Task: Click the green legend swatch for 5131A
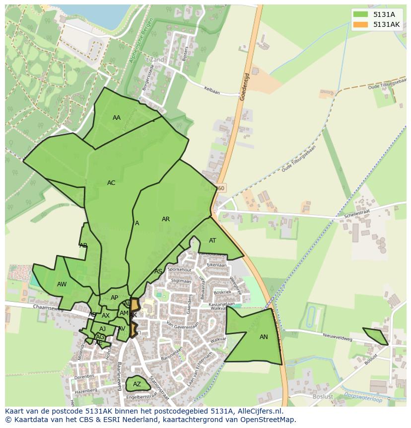[x=360, y=15]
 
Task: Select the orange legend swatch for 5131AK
[x=360, y=24]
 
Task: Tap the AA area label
[x=117, y=118]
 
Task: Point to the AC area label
[x=111, y=183]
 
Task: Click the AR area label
[x=166, y=219]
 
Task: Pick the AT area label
[x=212, y=241]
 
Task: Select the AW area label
[x=62, y=284]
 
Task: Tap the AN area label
[x=264, y=337]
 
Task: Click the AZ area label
[x=137, y=384]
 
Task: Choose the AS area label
[x=158, y=271]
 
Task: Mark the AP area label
[x=115, y=298]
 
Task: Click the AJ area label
[x=103, y=329]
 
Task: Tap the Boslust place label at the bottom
[x=323, y=397]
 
